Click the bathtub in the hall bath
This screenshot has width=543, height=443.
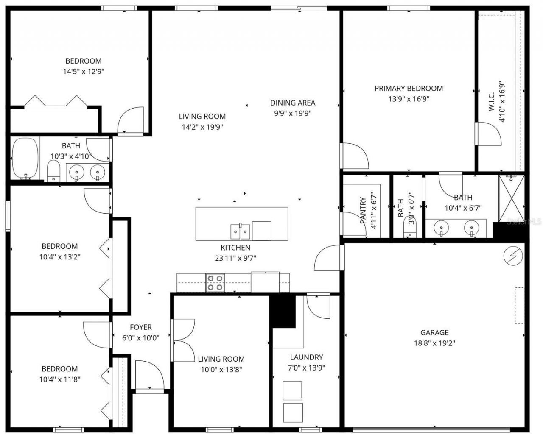pos(25,158)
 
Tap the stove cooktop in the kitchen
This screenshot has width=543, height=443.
pos(215,283)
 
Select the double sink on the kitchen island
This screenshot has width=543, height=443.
pos(240,231)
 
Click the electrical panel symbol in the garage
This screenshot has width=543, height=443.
pos(513,256)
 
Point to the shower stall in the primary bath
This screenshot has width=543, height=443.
pos(512,198)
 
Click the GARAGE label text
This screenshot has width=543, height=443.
pos(434,333)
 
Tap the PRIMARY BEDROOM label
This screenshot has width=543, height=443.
pos(409,89)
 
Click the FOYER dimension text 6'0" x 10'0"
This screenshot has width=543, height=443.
pos(140,338)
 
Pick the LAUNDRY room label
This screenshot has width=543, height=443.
pos(306,357)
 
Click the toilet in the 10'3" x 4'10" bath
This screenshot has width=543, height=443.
pos(53,171)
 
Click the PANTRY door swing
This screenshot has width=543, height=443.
pos(354,223)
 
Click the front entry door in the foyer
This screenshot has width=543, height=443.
pos(149,374)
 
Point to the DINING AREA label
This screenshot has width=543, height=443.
pos(293,103)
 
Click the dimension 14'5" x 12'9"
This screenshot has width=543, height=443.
pos(84,72)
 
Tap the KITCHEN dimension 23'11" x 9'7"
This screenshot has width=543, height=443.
pos(235,258)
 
